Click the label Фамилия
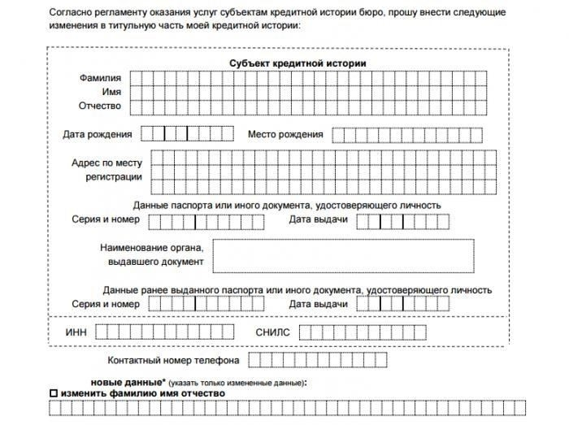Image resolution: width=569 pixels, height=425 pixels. point(100,78)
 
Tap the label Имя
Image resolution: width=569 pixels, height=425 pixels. point(111,92)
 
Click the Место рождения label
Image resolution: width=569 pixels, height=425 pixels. point(285,134)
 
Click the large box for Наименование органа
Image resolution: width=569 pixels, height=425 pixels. point(344,256)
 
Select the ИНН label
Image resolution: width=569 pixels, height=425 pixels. point(76,332)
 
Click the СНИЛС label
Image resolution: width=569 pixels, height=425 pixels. point(272,332)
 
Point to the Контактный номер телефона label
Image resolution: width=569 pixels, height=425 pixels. point(172,360)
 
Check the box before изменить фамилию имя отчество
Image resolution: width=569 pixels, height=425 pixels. point(54,393)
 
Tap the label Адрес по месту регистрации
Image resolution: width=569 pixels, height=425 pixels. point(106,170)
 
